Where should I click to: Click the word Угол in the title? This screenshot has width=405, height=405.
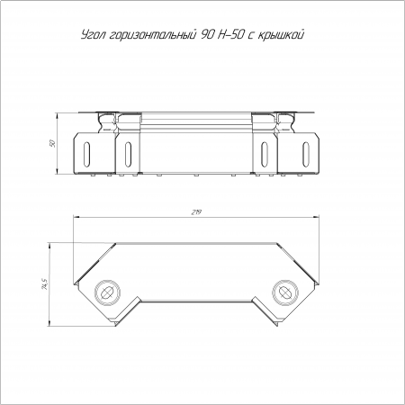coord(93,35)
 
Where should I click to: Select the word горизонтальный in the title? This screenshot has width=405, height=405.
coord(151,35)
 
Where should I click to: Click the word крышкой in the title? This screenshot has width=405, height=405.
coord(282,35)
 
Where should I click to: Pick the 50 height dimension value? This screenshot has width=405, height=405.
coord(51,143)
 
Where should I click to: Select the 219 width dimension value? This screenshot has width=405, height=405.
coord(196,212)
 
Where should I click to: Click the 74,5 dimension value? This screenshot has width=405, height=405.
coord(45,284)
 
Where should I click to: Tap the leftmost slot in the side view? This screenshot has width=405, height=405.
coord(87,152)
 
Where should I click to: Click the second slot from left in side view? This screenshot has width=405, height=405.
coord(128,152)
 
